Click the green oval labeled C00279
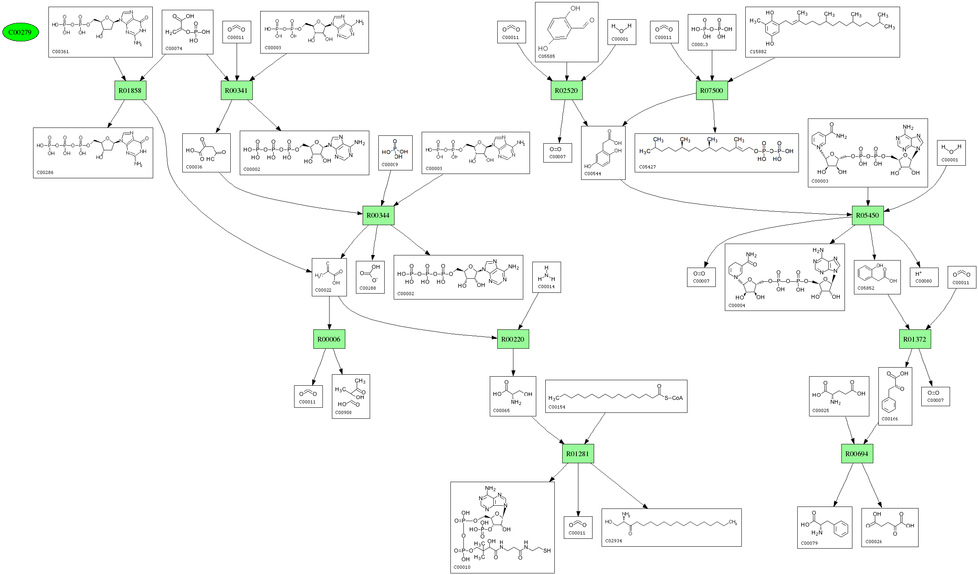[x=20, y=32]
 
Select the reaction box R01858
[x=130, y=91]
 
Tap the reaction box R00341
[x=236, y=91]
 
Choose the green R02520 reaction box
[x=566, y=91]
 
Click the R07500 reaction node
[x=711, y=91]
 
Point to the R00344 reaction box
[x=378, y=215]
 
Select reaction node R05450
[x=867, y=215]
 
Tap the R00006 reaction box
[x=329, y=339]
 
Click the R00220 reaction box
[x=513, y=339]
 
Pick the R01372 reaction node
[x=915, y=339]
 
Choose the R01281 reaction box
[x=578, y=454]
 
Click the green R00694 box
[x=857, y=454]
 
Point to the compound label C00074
[x=174, y=48]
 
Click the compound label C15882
[x=758, y=52]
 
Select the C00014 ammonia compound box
[x=546, y=277]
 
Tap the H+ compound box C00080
[x=924, y=277]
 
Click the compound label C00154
[x=557, y=407]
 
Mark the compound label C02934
[x=613, y=541]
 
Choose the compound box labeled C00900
[x=351, y=396]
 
